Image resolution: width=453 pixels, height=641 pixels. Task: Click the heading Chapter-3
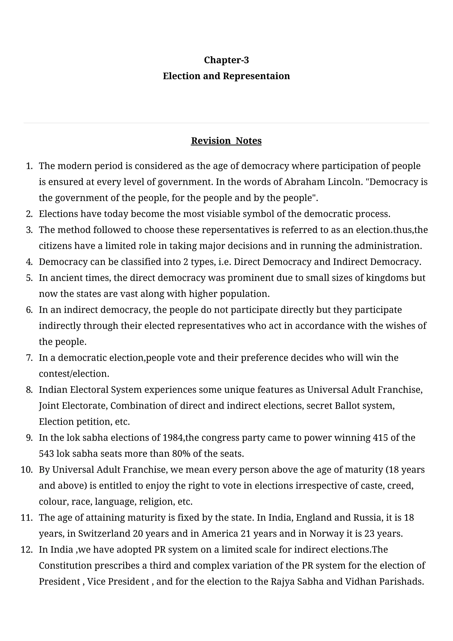pos(226,60)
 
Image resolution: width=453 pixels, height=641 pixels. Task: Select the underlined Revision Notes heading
pos(226,141)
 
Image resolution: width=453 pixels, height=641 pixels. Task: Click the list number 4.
pos(29,262)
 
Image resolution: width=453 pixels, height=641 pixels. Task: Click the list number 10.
pos(27,470)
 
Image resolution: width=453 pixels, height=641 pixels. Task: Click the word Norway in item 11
pos(326,534)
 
